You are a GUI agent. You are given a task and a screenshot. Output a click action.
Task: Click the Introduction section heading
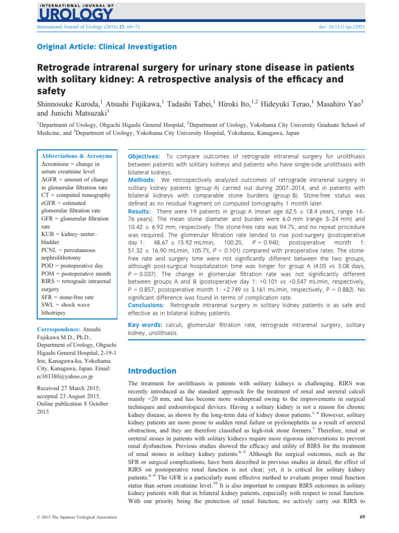point(152,371)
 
